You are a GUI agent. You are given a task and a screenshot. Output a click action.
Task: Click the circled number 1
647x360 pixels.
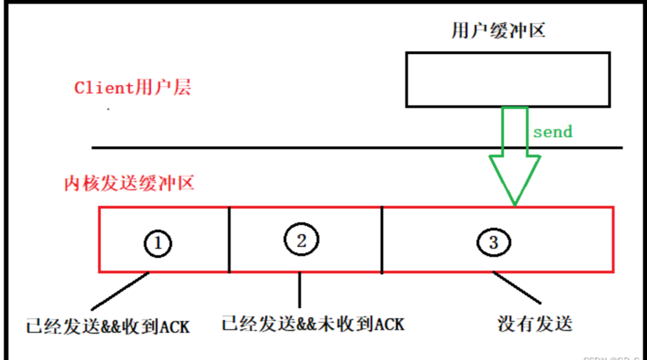click(158, 244)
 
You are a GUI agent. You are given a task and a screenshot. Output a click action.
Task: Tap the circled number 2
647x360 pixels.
click(301, 240)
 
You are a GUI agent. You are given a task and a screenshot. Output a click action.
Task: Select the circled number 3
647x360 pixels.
click(493, 242)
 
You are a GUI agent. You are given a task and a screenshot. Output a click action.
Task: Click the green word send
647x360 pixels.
click(552, 132)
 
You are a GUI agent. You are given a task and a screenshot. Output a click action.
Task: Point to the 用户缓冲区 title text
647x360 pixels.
click(499, 30)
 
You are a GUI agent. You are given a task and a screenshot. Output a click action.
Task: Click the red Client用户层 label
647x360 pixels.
click(132, 88)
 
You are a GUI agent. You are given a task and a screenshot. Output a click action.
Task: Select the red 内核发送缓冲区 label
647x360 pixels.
click(129, 183)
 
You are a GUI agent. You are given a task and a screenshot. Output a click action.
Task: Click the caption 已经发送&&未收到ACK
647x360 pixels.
click(312, 323)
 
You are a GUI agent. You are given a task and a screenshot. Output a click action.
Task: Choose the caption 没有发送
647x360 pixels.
click(534, 323)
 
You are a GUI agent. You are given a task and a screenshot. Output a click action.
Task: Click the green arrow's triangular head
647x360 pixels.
click(515, 177)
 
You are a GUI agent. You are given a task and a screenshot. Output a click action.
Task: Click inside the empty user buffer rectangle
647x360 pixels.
click(507, 79)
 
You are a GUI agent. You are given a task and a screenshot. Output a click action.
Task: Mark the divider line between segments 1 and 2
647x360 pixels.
click(229, 240)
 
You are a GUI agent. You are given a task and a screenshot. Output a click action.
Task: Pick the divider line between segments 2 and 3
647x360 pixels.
click(382, 240)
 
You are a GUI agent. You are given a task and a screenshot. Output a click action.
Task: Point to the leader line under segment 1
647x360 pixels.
click(120, 291)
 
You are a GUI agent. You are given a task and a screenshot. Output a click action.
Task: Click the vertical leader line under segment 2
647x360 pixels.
click(300, 290)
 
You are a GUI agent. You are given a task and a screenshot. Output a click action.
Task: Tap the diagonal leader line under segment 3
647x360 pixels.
click(517, 288)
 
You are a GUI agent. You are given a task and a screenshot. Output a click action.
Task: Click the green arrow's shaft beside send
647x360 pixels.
click(515, 131)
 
